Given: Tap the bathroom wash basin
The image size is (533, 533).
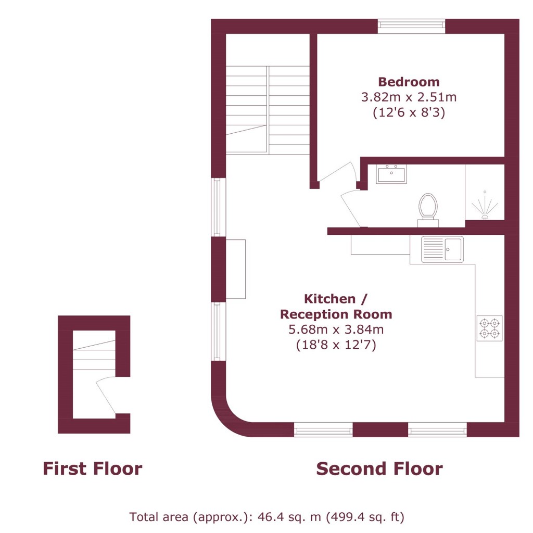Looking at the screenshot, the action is pyautogui.click(x=391, y=174).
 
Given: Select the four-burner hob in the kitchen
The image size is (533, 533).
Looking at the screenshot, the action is pyautogui.click(x=489, y=328).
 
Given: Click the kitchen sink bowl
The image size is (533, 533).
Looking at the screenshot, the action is pyautogui.click(x=453, y=249).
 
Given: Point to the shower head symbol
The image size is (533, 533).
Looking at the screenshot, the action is pyautogui.click(x=485, y=206).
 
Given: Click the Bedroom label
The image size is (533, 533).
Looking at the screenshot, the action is pyautogui.click(x=409, y=82).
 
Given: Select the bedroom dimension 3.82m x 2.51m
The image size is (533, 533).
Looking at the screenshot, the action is pyautogui.click(x=409, y=97).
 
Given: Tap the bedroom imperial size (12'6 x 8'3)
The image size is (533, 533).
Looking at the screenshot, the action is pyautogui.click(x=409, y=112).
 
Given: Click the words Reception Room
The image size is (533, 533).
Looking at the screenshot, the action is pyautogui.click(x=336, y=314).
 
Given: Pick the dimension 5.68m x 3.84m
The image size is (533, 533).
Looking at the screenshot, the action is pyautogui.click(x=336, y=329).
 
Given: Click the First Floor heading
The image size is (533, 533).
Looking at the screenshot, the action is pyautogui.click(x=93, y=469).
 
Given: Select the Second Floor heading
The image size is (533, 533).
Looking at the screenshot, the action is pyautogui.click(x=379, y=469).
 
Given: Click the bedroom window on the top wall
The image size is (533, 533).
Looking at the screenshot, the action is pyautogui.click(x=411, y=26).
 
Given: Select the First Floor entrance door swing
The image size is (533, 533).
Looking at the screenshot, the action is pyautogui.click(x=106, y=396).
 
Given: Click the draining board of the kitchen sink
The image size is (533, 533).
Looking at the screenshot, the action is pyautogui.click(x=433, y=249).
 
